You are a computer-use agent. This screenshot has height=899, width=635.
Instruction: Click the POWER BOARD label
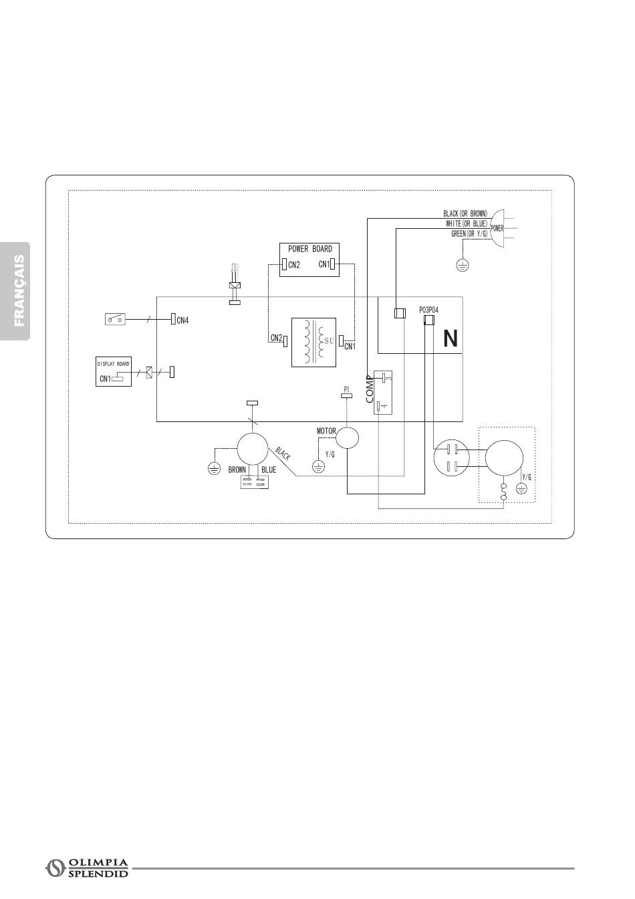pos(309,249)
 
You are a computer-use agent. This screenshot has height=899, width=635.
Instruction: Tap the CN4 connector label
pos(182,320)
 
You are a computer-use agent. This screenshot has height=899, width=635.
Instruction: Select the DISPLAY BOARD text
pos(114,364)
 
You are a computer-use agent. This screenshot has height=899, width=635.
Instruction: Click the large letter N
pos(451,339)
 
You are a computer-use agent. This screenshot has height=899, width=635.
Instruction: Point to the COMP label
pos(369,389)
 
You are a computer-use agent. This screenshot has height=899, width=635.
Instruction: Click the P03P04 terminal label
pos(428,310)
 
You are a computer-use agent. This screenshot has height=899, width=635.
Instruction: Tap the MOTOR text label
pos(326,431)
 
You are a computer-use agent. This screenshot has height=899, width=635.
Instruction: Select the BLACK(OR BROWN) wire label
pos(465,214)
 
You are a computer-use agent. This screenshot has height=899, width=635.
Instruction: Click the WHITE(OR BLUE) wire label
pos(467,223)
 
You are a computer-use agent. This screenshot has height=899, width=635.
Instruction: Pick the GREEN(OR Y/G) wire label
pos(470,233)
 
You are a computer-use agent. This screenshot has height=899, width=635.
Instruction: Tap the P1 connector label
pos(346,389)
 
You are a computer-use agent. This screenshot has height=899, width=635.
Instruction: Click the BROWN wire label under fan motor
pos(237,470)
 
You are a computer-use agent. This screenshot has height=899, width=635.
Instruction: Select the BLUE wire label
pos(269,470)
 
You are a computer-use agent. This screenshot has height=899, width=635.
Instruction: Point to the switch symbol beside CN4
pos(115,319)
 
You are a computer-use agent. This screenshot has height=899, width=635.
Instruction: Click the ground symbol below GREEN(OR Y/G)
pos(461,265)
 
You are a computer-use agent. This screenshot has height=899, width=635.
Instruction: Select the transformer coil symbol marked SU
pos(313,342)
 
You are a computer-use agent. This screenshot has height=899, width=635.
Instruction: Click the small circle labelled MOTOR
pos(347,437)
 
